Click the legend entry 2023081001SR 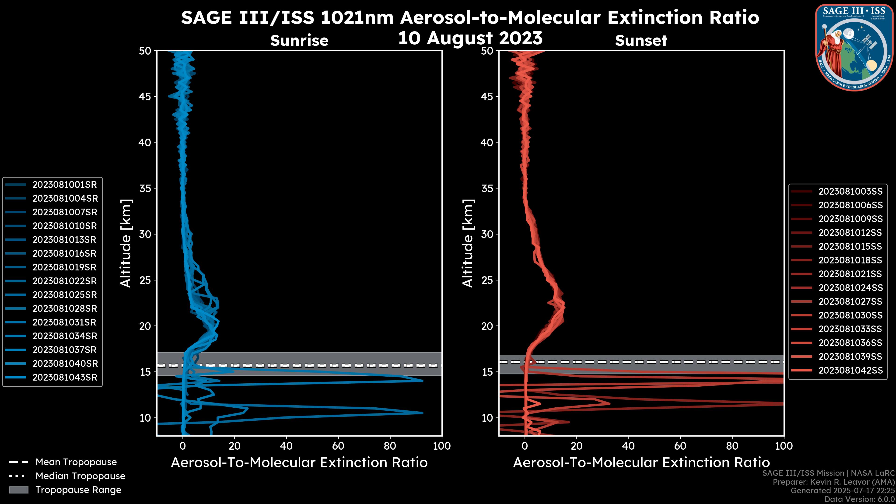[x=65, y=185]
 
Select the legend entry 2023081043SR [x=65, y=377]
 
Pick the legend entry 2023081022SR [x=65, y=281]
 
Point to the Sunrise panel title [x=299, y=41]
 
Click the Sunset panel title [x=641, y=41]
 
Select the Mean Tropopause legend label [x=76, y=462]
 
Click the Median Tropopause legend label [x=80, y=476]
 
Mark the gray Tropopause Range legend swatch [x=19, y=490]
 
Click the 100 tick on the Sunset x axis [x=784, y=446]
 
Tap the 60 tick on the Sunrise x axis [x=338, y=446]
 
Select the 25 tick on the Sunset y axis [x=487, y=280]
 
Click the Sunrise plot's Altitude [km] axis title [x=126, y=243]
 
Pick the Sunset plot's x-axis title [x=641, y=463]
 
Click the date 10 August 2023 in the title [x=470, y=38]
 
